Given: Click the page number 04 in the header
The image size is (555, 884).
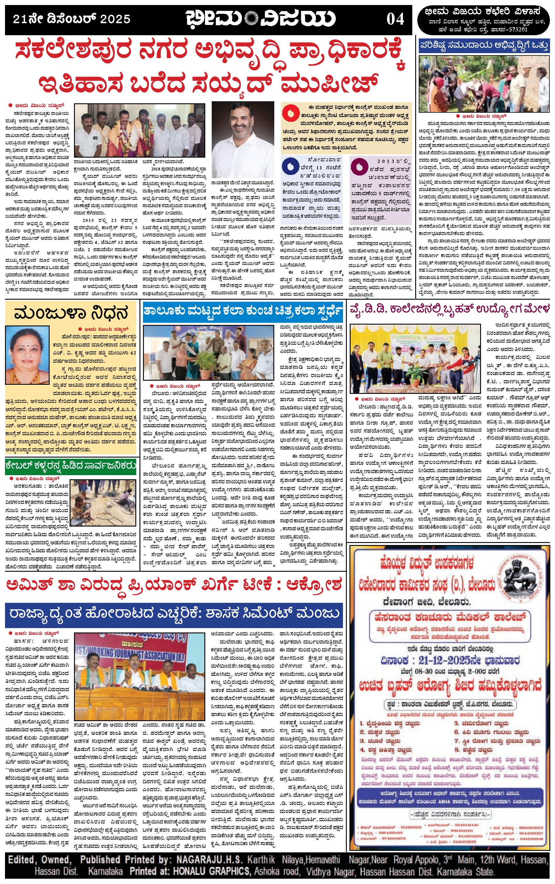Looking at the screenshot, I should [x=395, y=19].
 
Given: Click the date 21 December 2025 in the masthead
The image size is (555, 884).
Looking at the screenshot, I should [x=72, y=19].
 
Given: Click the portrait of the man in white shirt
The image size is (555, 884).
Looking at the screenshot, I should [x=243, y=134].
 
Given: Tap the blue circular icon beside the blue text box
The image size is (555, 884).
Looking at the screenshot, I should [x=290, y=166].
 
